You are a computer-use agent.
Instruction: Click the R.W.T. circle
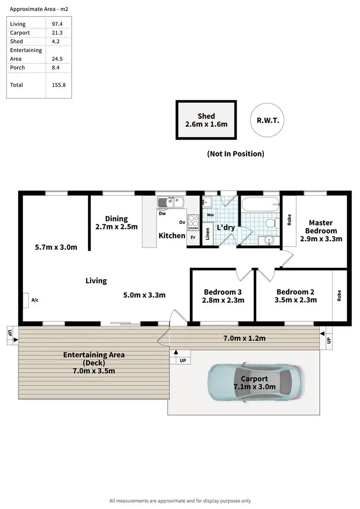pyautogui.click(x=268, y=120)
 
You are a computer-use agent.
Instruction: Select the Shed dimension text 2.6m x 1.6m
pyautogui.click(x=206, y=124)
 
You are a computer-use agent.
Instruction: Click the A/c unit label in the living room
pyautogui.click(x=35, y=300)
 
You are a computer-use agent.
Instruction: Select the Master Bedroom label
pyautogui.click(x=321, y=227)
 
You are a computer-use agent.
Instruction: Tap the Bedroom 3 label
pyautogui.click(x=223, y=292)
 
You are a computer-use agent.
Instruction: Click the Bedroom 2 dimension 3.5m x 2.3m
pyautogui.click(x=296, y=300)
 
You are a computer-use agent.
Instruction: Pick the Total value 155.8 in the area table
pyautogui.click(x=58, y=85)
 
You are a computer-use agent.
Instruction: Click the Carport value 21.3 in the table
pyautogui.click(x=57, y=33)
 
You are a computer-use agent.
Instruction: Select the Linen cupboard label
pyautogui.click(x=208, y=234)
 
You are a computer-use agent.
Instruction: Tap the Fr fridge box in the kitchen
pyautogui.click(x=193, y=238)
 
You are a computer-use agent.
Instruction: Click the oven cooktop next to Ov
pyautogui.click(x=193, y=222)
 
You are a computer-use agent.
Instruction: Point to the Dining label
pyautogui.click(x=116, y=219)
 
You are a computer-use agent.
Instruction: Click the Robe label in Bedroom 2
pyautogui.click(x=339, y=295)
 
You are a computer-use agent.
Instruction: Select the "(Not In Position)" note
pyautogui.click(x=236, y=154)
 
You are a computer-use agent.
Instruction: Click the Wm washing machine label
pyautogui.click(x=210, y=215)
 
